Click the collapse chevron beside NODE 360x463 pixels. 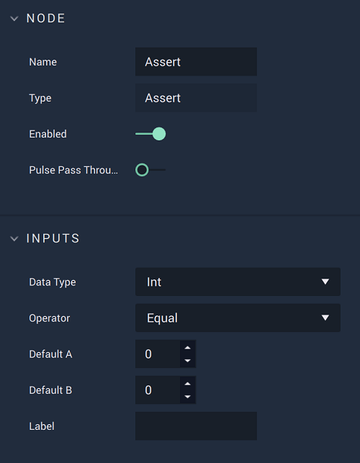pyautogui.click(x=14, y=19)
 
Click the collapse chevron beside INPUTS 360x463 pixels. pyautogui.click(x=14, y=238)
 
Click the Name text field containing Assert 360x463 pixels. pyautogui.click(x=196, y=62)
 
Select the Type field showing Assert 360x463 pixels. pyautogui.click(x=196, y=98)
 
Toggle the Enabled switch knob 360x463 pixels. pyautogui.click(x=159, y=134)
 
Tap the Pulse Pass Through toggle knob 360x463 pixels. pyautogui.click(x=142, y=170)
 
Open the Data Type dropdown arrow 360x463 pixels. pyautogui.click(x=325, y=282)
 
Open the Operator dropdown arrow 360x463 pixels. pyautogui.click(x=325, y=318)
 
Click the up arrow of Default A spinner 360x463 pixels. pyautogui.click(x=187, y=348)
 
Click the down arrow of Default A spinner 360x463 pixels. pyautogui.click(x=187, y=361)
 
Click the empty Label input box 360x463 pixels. pyautogui.click(x=196, y=426)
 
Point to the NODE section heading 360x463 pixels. pyautogui.click(x=45, y=18)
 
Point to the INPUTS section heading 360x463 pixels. pyautogui.click(x=53, y=238)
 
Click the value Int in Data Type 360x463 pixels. pyautogui.click(x=154, y=282)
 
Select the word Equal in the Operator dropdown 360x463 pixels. pyautogui.click(x=162, y=318)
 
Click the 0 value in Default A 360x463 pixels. pyautogui.click(x=148, y=354)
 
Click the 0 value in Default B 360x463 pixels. pyautogui.click(x=148, y=390)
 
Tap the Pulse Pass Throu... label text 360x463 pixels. pyautogui.click(x=73, y=170)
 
